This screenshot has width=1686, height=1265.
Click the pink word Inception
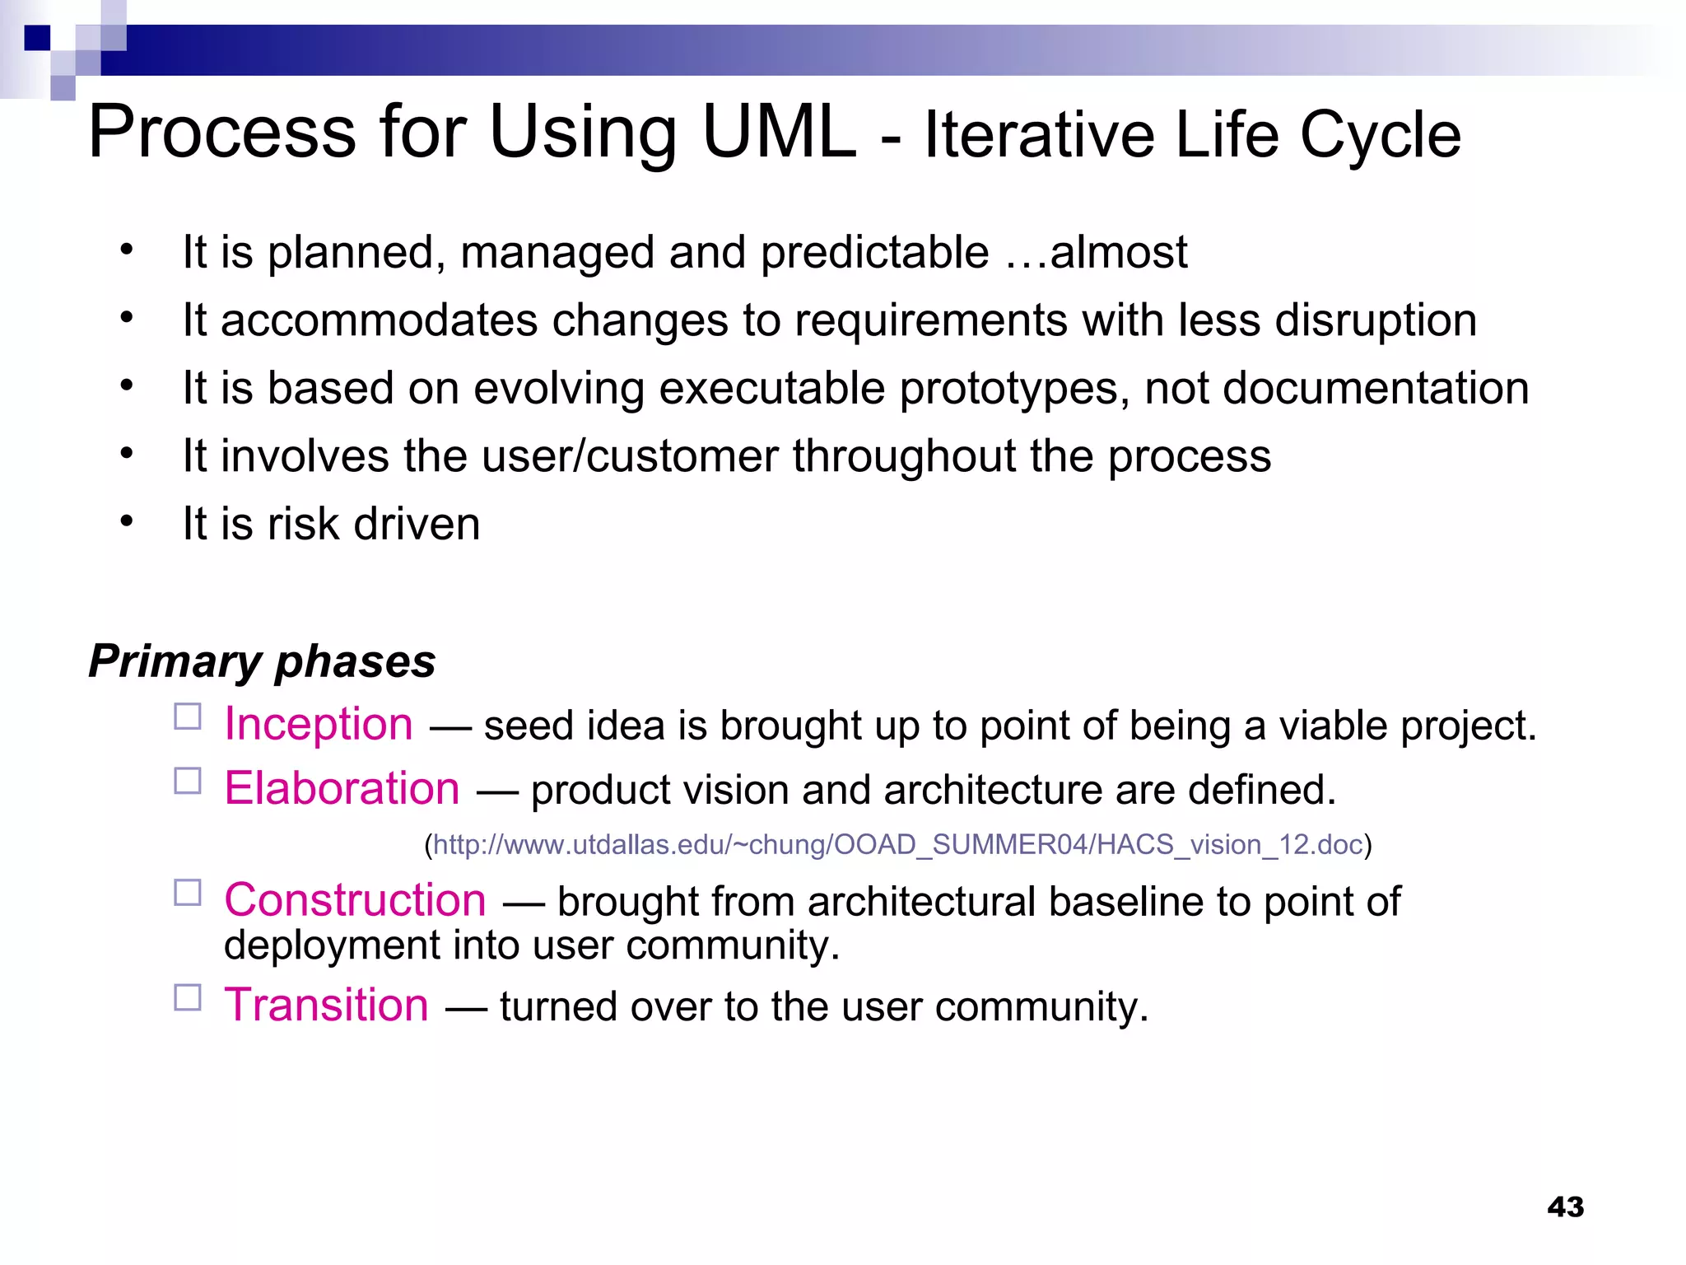click(319, 724)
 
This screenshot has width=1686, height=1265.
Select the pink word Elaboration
click(342, 788)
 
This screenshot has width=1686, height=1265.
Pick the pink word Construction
click(355, 899)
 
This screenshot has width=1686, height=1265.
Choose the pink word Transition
click(326, 1005)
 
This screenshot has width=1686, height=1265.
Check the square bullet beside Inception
click(188, 717)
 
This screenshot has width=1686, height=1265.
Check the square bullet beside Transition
click(188, 997)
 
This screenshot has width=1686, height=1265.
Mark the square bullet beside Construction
click(188, 893)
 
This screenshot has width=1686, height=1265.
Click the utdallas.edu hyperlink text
click(897, 844)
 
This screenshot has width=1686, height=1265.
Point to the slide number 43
click(1565, 1207)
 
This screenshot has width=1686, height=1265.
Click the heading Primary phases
click(262, 661)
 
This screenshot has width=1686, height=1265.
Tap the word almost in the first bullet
click(1118, 252)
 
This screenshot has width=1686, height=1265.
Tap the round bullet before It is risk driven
click(126, 521)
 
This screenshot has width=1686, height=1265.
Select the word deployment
click(332, 945)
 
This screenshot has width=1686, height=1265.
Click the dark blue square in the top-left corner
click(37, 38)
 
